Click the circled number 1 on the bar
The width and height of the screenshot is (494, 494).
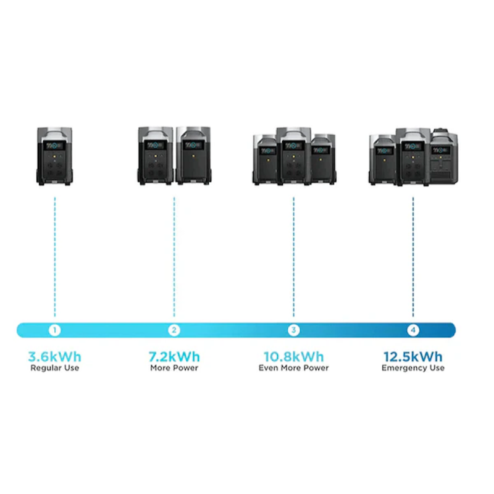coord(54,330)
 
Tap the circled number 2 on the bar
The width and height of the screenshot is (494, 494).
coord(174,330)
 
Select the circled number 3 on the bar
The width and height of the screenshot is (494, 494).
coord(293,330)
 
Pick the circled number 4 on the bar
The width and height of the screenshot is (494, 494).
coord(413,330)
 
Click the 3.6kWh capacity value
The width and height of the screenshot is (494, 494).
coord(54,357)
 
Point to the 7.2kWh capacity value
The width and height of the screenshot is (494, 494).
coord(174,357)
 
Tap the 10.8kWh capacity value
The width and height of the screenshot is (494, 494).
coord(293,357)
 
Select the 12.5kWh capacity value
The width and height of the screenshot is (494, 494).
coord(413,357)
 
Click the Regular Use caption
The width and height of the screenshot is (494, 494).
coord(54,368)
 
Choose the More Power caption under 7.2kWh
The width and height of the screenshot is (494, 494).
coord(174,368)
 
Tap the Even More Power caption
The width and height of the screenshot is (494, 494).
coord(293,368)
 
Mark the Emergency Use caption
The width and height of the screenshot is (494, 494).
coord(413,368)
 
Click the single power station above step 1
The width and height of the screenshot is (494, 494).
coord(54,156)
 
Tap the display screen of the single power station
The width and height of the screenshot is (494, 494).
coord(54,146)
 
